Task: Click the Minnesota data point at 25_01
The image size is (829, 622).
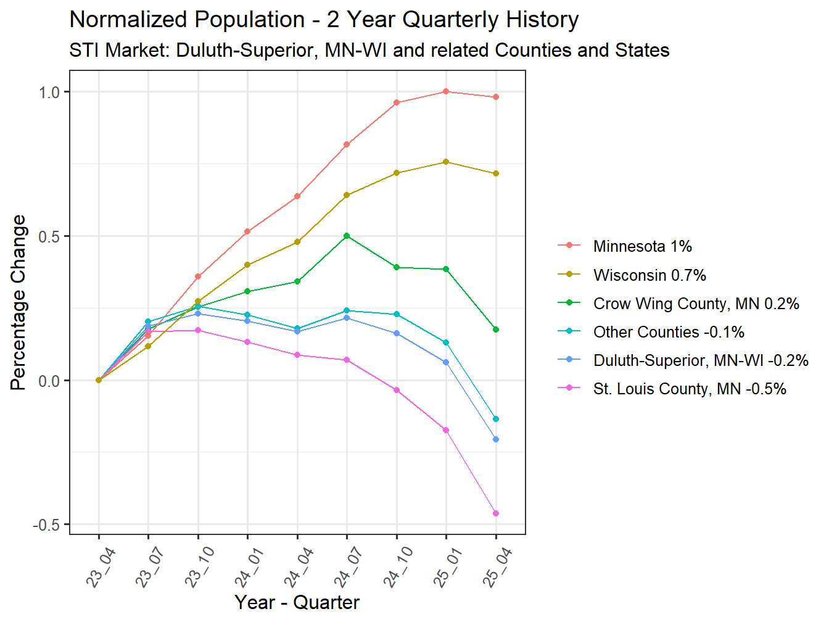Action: pos(446,91)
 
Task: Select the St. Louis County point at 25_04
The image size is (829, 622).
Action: pos(496,513)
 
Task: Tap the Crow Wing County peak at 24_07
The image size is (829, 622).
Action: pos(347,236)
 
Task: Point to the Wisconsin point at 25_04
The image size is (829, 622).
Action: pos(496,173)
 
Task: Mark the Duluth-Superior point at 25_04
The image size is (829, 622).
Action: pos(496,439)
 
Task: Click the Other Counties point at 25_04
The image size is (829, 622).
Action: pos(496,419)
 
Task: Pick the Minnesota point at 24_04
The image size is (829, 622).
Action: pos(297,196)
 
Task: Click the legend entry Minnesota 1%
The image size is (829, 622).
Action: pos(642,246)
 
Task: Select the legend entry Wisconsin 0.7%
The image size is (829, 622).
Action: pos(650,275)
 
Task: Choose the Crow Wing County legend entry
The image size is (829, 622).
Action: pos(696,304)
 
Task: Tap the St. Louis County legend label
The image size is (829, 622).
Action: pos(689,389)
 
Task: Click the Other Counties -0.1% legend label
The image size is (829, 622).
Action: pos(669,332)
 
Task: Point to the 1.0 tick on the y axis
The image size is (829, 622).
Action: pos(49,92)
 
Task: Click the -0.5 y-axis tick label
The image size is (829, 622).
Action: pos(47,525)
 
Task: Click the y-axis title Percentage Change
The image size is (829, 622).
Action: pos(19,302)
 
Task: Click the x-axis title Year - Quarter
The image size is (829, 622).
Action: pos(297,602)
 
